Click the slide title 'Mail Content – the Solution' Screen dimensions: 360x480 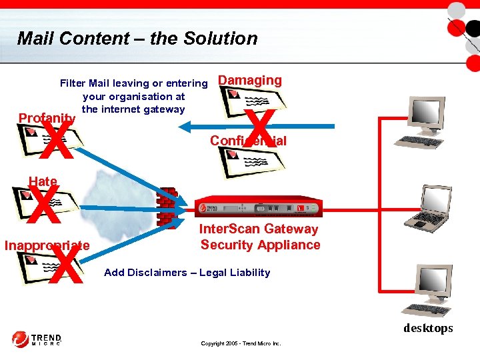(x=137, y=39)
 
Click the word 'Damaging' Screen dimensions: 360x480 (x=250, y=81)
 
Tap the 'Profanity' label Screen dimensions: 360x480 (x=46, y=118)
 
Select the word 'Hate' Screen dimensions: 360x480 (x=43, y=181)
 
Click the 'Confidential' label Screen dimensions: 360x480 (x=248, y=141)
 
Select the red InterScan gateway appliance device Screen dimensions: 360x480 (x=261, y=207)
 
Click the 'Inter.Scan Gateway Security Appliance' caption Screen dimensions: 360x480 (x=260, y=237)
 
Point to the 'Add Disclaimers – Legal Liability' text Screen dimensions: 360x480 (x=187, y=272)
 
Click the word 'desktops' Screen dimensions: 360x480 (x=428, y=328)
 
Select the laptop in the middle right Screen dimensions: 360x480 (x=433, y=207)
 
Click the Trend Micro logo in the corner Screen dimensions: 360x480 (x=37, y=339)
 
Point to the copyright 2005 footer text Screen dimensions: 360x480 (x=241, y=343)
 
